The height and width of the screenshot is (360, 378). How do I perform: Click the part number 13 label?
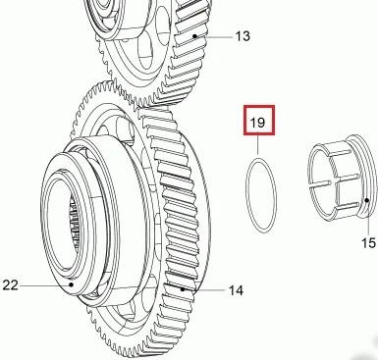pos(243,36)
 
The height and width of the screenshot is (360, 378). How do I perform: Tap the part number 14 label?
pos(236,290)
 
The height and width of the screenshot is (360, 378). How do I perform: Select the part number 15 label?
pos(368,243)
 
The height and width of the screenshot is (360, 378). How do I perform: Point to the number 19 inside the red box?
pos(257,123)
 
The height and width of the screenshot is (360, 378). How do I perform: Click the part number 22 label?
pos(10,285)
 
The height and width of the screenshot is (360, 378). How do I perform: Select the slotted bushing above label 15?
pos(342,177)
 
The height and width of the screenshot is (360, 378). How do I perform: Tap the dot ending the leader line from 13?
pos(195,36)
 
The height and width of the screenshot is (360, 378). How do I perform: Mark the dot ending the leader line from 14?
pos(183,289)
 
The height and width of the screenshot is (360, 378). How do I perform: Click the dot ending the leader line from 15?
pos(367,200)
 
